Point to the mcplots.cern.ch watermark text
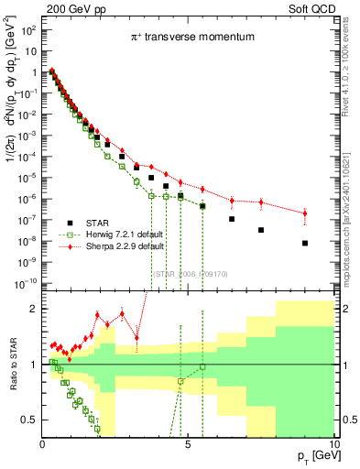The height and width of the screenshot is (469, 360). pyautogui.click(x=350, y=202)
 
